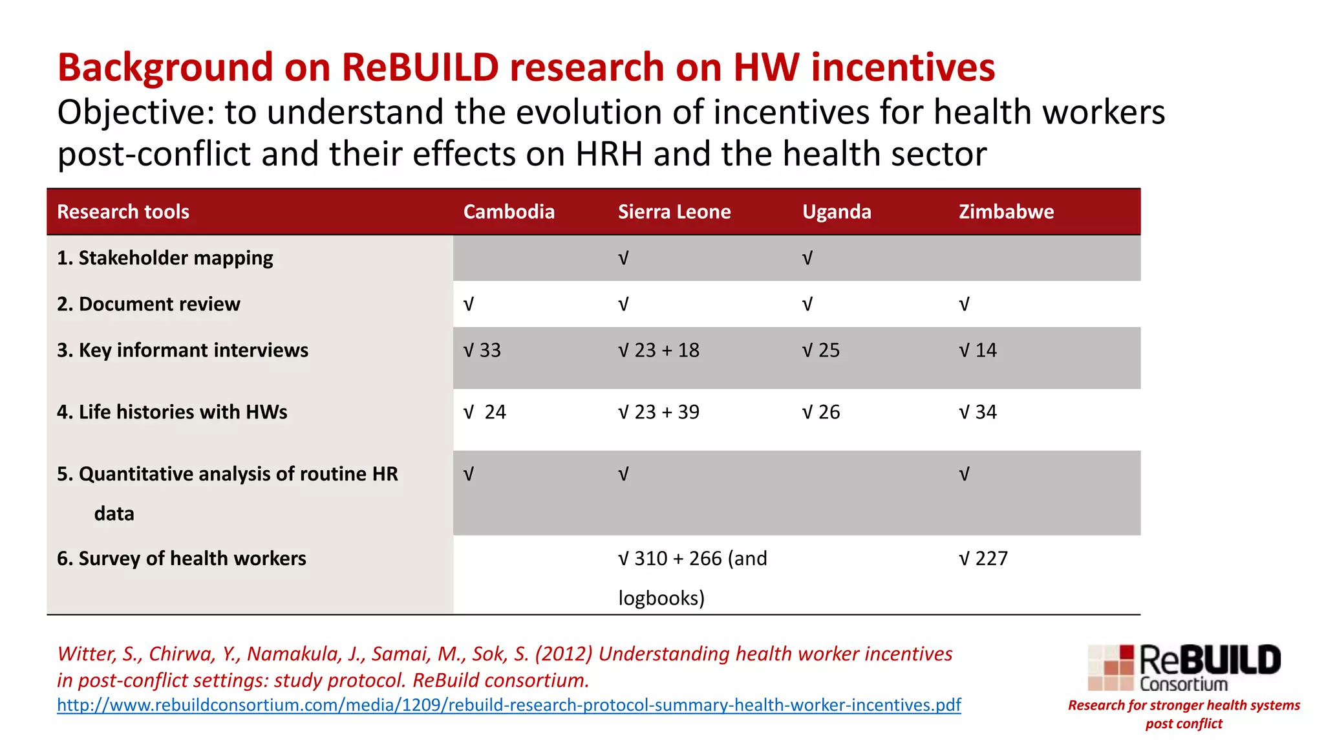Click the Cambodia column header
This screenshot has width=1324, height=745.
509,212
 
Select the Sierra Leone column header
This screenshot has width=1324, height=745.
674,212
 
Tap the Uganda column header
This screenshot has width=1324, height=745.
837,212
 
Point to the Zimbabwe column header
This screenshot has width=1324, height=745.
1006,212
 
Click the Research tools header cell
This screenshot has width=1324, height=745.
123,212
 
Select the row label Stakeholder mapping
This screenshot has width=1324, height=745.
165,258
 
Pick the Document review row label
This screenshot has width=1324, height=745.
149,304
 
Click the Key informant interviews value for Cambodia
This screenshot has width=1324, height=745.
482,351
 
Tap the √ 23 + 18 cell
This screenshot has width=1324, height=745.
658,351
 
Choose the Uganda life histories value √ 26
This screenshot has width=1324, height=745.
821,413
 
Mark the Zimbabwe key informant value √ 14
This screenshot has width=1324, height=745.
977,351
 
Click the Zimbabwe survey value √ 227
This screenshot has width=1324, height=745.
983,559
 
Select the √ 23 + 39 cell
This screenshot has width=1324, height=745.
658,413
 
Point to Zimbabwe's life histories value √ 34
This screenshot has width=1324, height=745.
977,413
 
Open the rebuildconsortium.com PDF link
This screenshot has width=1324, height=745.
509,705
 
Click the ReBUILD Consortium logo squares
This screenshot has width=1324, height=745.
1111,667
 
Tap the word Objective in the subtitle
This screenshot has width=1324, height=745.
135,113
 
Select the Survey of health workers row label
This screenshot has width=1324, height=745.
182,559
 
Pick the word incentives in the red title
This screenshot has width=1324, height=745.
902,67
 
